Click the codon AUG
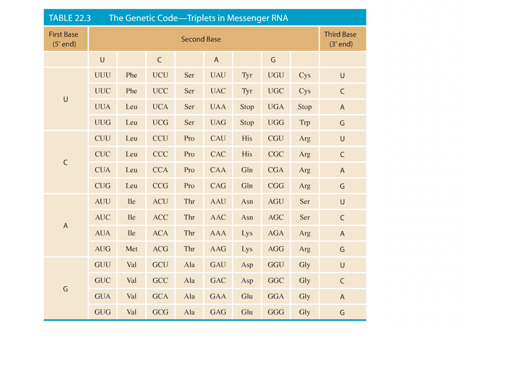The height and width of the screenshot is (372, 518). click(103, 249)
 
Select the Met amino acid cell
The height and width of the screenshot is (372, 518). click(131, 249)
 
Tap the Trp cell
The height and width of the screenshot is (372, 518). click(305, 123)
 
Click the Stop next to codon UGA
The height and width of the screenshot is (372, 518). click(305, 107)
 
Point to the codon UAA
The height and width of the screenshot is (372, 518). click(218, 107)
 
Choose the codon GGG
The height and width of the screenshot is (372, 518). click(276, 312)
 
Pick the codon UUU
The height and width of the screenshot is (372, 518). click(103, 75)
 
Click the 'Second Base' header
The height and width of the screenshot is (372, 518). click(201, 39)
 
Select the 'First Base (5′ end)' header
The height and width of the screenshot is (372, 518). click(64, 39)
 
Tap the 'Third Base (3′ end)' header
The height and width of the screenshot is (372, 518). click(340, 39)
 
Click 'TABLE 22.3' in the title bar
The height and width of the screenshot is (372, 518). click(69, 18)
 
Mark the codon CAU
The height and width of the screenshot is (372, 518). click(218, 138)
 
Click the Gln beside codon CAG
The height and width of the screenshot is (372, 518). click(247, 185)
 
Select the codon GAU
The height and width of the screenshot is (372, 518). click(218, 265)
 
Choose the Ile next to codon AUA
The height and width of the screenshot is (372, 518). click(131, 233)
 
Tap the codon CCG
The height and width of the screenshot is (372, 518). click(160, 185)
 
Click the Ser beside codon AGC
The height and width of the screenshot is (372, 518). click(305, 217)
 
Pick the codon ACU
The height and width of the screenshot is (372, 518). click(160, 201)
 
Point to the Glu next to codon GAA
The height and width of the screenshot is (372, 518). click(247, 296)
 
